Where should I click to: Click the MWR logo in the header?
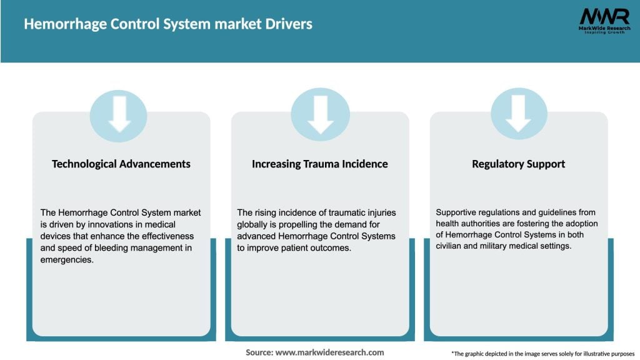604,16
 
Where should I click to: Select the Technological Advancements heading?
121,164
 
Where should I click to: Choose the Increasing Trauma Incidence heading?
320,164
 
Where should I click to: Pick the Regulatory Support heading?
519,164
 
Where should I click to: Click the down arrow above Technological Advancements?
119,114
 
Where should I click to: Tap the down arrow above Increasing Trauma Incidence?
321,114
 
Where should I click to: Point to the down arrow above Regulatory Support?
519,114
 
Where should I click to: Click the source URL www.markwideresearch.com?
330,352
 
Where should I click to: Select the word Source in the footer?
259,352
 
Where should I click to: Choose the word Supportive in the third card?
457,212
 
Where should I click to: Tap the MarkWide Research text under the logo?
604,29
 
